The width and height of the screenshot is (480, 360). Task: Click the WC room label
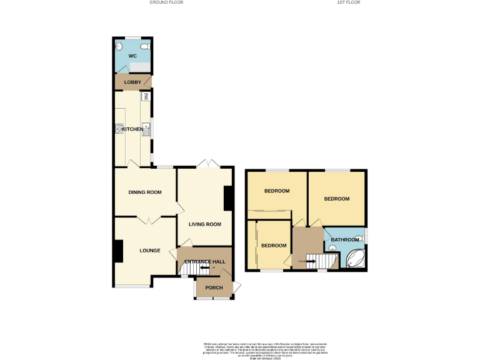tap(132, 56)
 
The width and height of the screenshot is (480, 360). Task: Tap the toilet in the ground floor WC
tap(144, 46)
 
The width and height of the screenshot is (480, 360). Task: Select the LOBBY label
tap(132, 82)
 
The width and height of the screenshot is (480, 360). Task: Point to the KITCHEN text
tap(132, 129)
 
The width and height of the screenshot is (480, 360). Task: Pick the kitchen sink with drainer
tap(146, 130)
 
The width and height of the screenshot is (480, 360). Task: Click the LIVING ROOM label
tap(206, 224)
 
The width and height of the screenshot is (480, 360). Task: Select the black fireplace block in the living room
tap(229, 199)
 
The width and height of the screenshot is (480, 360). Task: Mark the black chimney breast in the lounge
tap(117, 251)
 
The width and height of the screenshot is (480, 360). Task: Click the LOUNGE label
tap(150, 251)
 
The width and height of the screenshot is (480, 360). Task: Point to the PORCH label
tap(214, 287)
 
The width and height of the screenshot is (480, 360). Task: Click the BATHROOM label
tap(345, 240)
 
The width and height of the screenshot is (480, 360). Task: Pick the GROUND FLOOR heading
tap(166, 2)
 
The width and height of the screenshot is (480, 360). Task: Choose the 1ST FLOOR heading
tap(348, 2)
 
